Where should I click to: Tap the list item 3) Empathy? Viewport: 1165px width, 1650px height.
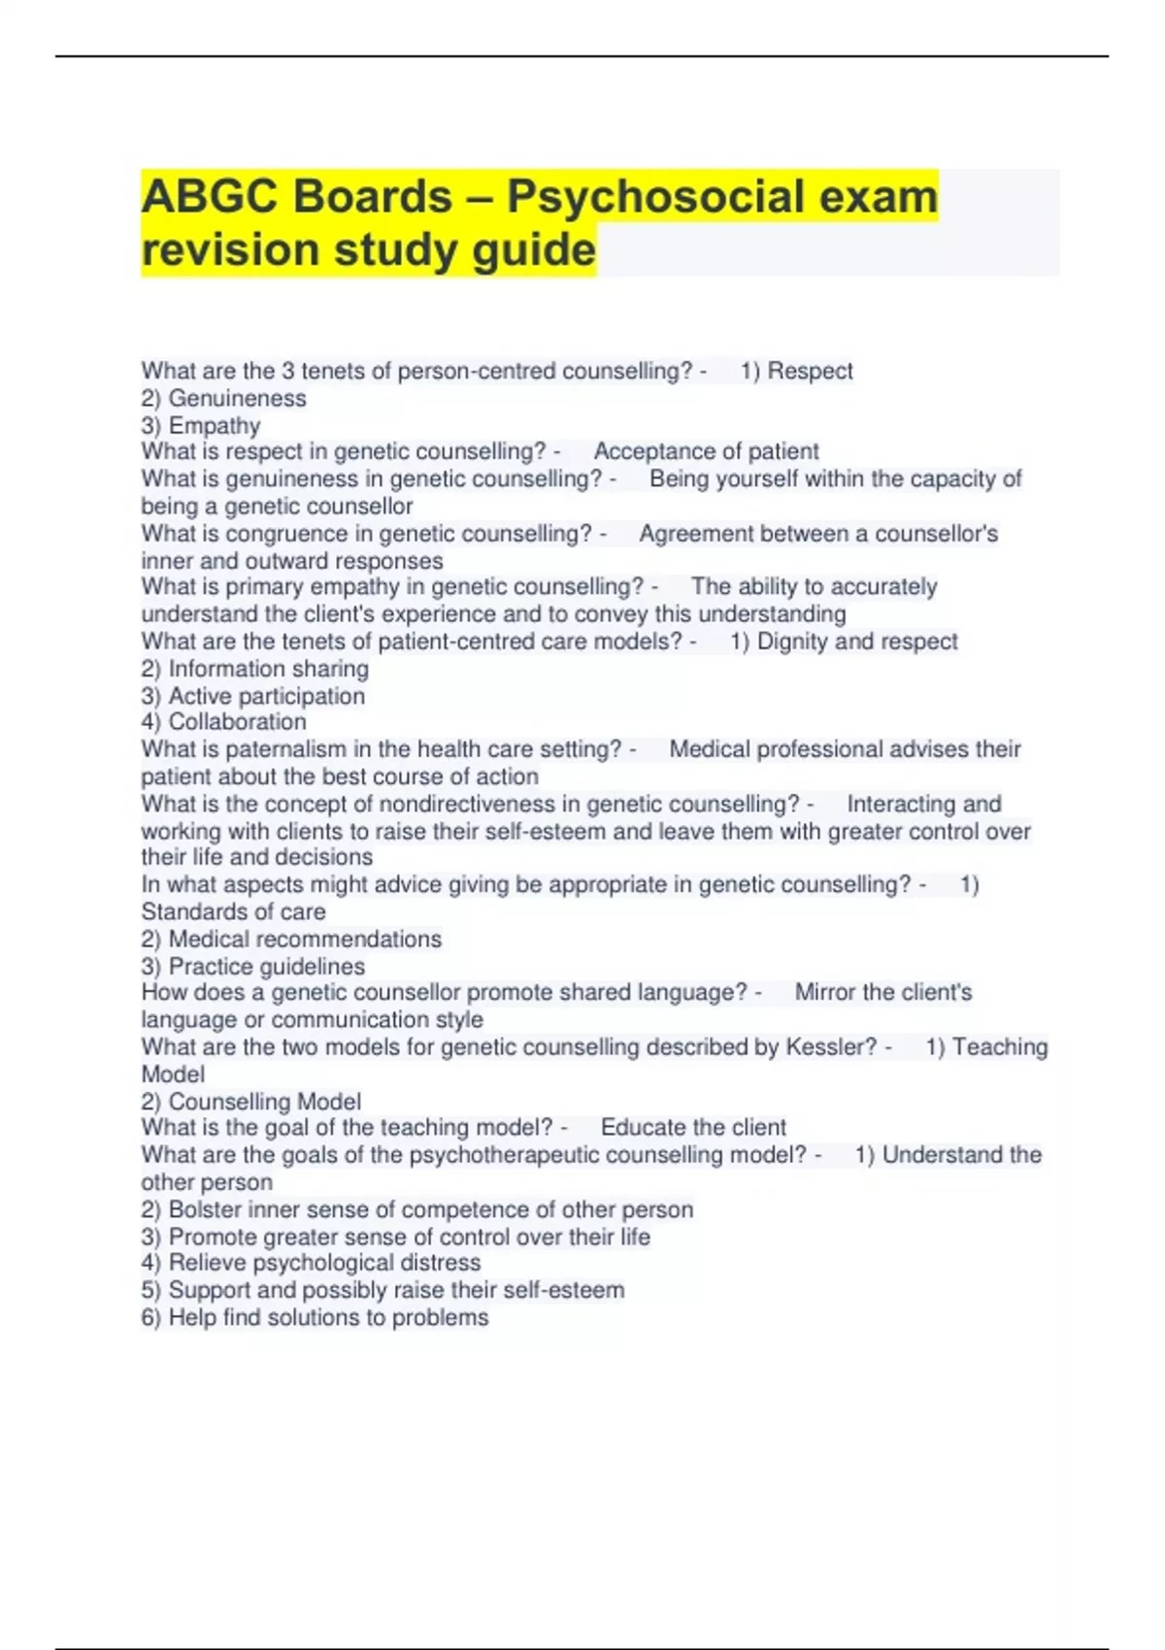[201, 426]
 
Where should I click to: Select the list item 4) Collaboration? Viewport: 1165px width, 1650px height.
[223, 722]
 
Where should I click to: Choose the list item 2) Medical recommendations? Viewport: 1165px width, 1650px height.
[291, 940]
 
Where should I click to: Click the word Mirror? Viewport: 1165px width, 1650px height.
[825, 993]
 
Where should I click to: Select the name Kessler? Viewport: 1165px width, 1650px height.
[830, 1047]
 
